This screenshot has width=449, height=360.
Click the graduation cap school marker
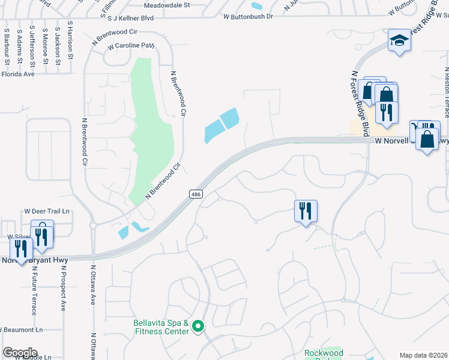point(399,41)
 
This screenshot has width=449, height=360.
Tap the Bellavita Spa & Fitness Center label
point(161,327)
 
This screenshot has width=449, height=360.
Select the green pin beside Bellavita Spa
point(199,326)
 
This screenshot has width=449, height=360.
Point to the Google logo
point(20,353)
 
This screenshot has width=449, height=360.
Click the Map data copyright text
point(424,355)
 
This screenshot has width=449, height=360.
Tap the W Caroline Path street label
point(131,46)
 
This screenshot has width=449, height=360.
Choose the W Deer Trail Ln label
point(47,211)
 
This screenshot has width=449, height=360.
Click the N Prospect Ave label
point(62,288)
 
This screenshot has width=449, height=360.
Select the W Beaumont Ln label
point(22,330)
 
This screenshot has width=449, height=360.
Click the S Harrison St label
point(70,41)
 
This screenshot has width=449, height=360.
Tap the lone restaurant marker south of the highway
point(306,211)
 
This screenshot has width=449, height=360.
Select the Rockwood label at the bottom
point(324,353)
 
